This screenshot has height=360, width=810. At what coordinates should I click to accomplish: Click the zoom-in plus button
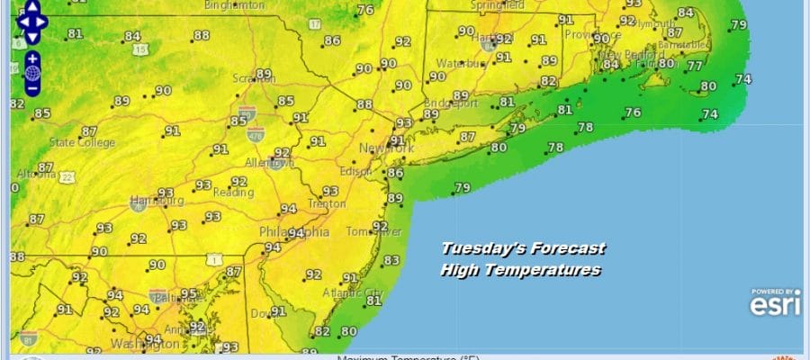31,58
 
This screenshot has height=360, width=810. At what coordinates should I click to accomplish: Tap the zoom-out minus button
31,88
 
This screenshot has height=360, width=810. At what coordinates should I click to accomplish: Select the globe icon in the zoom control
31,73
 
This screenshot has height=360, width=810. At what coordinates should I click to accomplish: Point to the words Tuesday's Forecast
523,249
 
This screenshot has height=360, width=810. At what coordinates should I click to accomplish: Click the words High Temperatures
520,269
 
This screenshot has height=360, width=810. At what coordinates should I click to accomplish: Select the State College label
82,142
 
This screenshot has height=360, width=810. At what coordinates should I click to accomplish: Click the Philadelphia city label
293,232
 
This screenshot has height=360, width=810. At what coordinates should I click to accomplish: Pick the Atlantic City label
358,293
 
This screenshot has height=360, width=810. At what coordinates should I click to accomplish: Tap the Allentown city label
270,163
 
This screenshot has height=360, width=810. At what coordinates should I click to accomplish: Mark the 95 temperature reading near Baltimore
188,293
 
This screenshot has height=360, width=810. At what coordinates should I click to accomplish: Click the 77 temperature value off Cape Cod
694,66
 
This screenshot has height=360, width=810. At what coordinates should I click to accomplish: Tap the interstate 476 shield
255,134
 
